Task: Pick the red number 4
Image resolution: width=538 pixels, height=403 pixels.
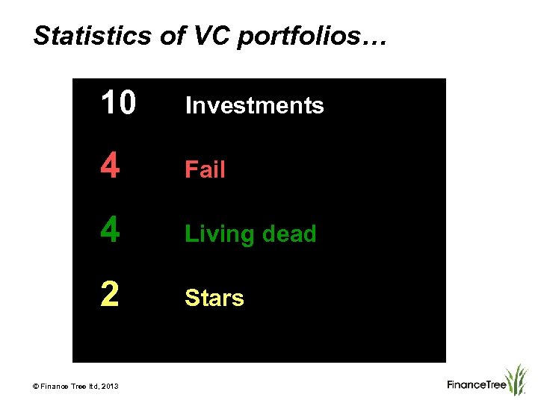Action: [110, 169]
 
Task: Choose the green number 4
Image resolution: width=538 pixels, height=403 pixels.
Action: [110, 233]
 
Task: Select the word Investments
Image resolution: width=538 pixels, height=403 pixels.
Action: [254, 105]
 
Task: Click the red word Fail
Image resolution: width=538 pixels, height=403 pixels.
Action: [205, 169]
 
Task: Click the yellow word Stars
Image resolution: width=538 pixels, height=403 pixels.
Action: [214, 298]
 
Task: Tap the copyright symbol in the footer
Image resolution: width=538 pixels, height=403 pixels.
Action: [35, 386]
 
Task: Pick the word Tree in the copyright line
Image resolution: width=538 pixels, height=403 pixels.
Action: [78, 386]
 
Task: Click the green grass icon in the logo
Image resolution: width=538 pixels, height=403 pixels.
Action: [516, 378]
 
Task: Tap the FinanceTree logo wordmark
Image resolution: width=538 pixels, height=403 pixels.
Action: [477, 385]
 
